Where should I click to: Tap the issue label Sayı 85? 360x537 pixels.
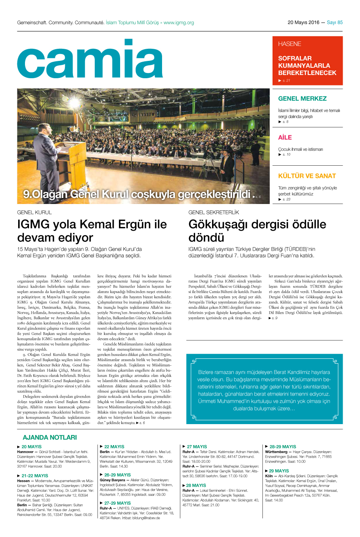(335, 23)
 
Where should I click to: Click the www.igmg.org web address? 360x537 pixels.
(179, 23)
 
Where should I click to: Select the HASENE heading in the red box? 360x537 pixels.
(289, 44)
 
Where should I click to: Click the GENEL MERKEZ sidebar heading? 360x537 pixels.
(302, 98)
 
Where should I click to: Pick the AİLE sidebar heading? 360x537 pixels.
(285, 137)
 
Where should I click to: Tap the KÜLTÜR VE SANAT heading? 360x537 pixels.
(307, 176)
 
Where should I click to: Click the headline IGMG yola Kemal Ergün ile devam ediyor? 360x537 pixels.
(92, 230)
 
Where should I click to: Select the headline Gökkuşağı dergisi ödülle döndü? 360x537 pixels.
(257, 230)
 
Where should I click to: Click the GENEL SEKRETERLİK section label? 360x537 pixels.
(214, 212)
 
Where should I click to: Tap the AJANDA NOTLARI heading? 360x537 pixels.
(50, 437)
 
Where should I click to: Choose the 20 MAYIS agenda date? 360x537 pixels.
(31, 447)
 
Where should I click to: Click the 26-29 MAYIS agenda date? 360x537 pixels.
(117, 475)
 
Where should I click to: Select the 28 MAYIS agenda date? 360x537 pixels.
(196, 485)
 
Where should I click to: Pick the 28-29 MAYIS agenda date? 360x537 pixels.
(283, 447)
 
